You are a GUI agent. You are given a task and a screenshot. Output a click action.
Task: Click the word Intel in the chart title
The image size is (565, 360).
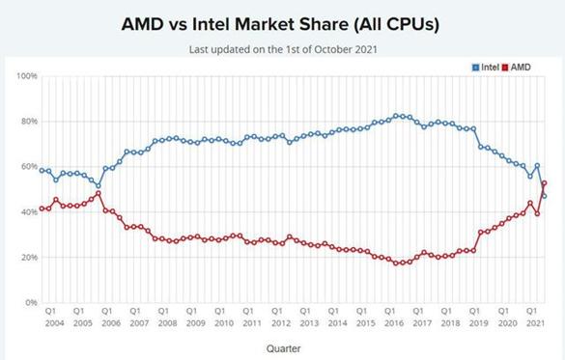pyautogui.click(x=211, y=24)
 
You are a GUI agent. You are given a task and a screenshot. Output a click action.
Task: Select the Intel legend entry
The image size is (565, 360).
pyautogui.click(x=486, y=67)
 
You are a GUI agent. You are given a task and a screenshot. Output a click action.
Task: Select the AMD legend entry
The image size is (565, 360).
pyautogui.click(x=516, y=67)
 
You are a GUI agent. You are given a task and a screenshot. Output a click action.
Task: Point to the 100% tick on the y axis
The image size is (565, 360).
pyautogui.click(x=27, y=76)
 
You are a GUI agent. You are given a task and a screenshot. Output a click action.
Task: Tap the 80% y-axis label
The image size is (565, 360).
pyautogui.click(x=29, y=121)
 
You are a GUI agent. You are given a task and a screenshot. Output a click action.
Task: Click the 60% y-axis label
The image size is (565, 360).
pyautogui.click(x=29, y=166)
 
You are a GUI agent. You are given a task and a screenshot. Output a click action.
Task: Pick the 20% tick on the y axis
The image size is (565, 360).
pyautogui.click(x=29, y=257)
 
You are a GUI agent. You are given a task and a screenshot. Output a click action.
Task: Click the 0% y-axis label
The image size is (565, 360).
pyautogui.click(x=31, y=302)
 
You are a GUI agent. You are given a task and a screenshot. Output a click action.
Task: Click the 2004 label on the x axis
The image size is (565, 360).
pyautogui.click(x=55, y=323)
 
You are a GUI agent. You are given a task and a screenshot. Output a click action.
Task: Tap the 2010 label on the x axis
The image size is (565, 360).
pyautogui.click(x=224, y=323)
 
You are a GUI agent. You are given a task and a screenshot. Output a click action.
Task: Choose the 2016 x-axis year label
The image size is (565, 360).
pyautogui.click(x=394, y=323)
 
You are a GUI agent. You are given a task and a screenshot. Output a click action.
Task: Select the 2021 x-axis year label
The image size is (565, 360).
pyautogui.click(x=535, y=323)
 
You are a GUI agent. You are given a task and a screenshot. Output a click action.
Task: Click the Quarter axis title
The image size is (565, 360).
pyautogui.click(x=283, y=348)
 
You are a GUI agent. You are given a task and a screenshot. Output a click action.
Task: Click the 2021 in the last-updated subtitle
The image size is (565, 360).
pyautogui.click(x=366, y=49)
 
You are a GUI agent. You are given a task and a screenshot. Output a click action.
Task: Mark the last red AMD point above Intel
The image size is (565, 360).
pyautogui.click(x=544, y=183)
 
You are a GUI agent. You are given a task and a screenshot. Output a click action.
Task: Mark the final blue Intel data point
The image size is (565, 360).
pyautogui.click(x=544, y=196)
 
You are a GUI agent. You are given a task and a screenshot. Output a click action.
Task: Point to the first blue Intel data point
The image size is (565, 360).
pyautogui.click(x=42, y=170)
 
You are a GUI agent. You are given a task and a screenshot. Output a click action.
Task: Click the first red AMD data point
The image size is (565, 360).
pyautogui.click(x=42, y=208)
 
